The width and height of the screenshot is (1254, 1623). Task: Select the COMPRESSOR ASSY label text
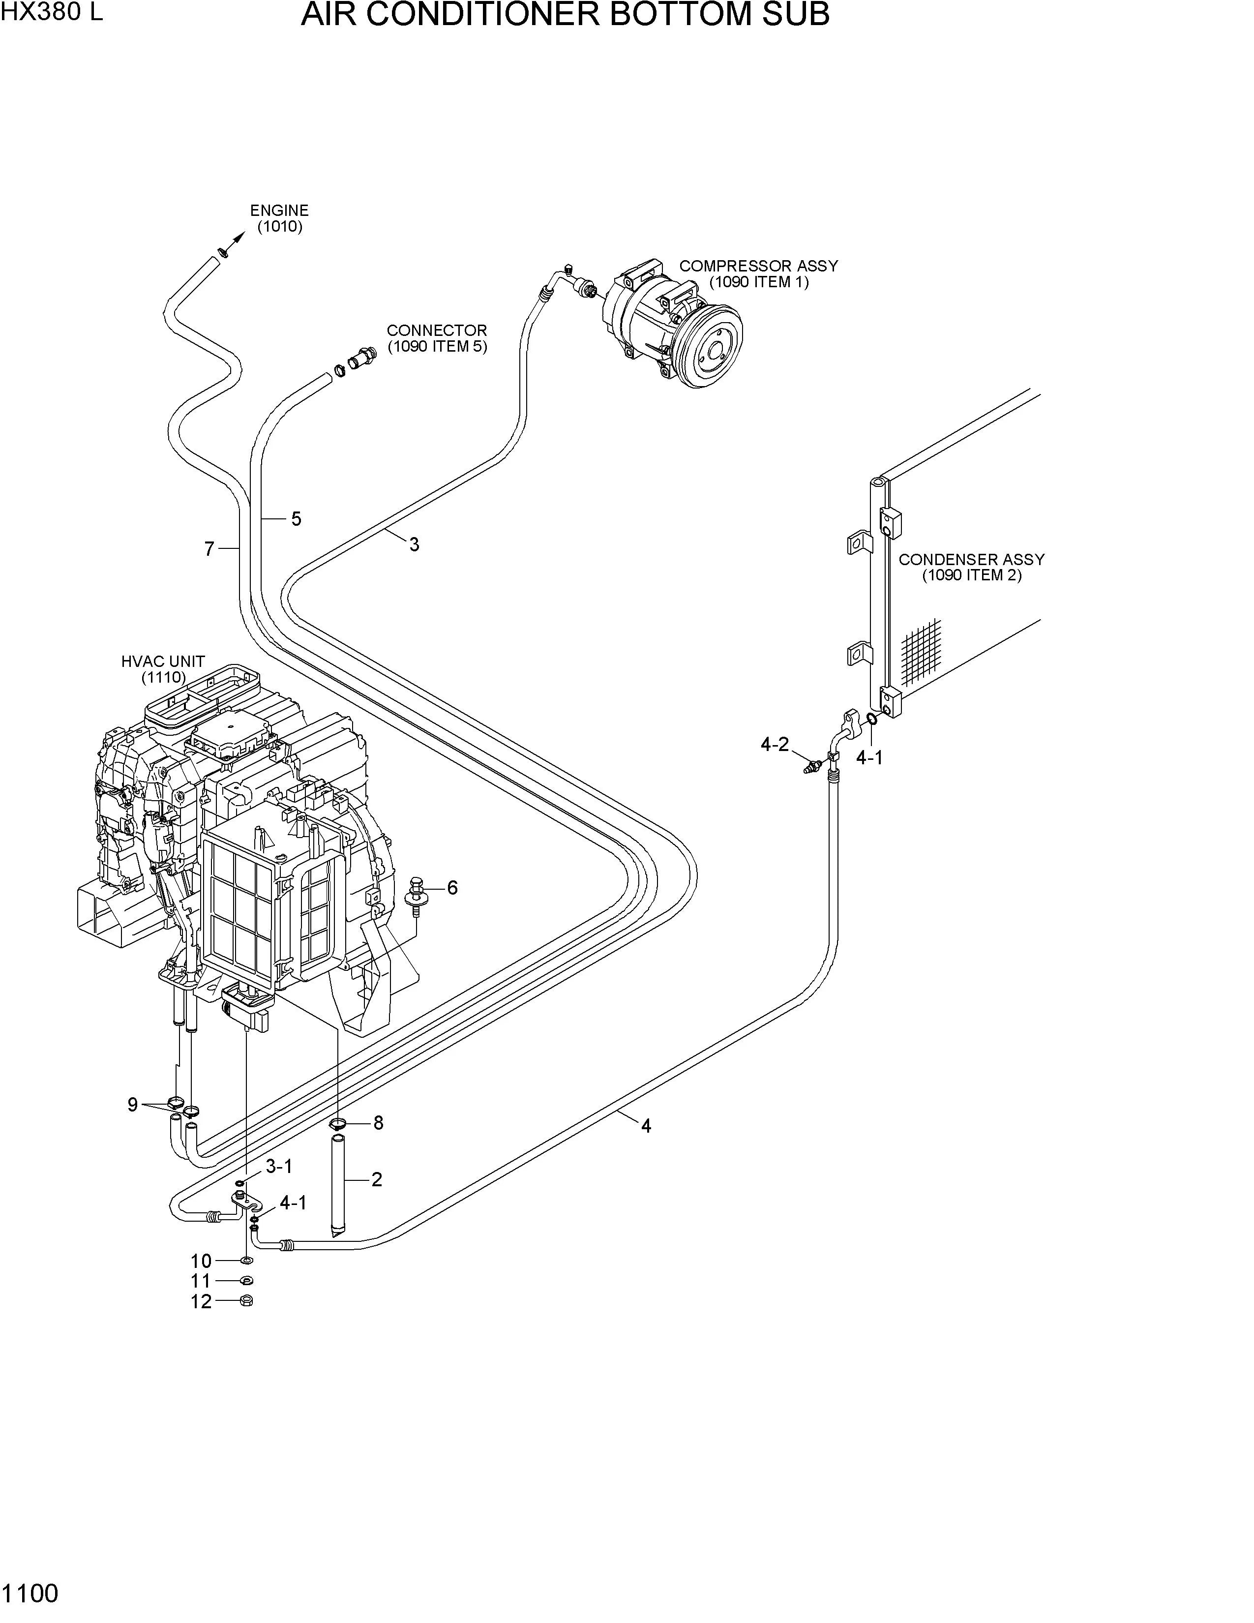[x=758, y=265]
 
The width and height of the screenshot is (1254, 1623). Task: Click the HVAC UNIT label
[x=163, y=669]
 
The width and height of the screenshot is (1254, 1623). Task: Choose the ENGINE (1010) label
[x=279, y=218]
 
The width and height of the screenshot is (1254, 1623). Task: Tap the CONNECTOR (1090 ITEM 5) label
[x=437, y=338]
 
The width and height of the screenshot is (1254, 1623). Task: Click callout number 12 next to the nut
[x=201, y=1301]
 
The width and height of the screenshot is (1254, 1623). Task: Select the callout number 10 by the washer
[x=201, y=1261]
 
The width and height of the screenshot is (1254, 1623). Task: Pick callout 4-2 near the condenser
[x=775, y=744]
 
